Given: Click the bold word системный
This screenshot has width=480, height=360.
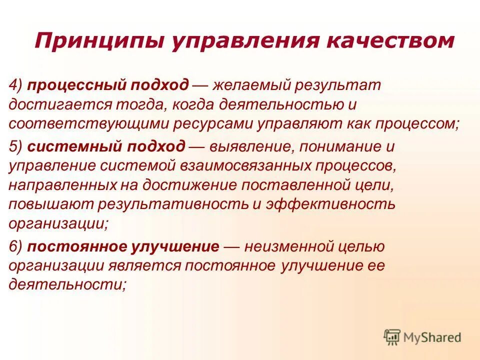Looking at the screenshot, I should coord(66,147).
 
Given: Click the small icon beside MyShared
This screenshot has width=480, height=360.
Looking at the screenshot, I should coord(392,337).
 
